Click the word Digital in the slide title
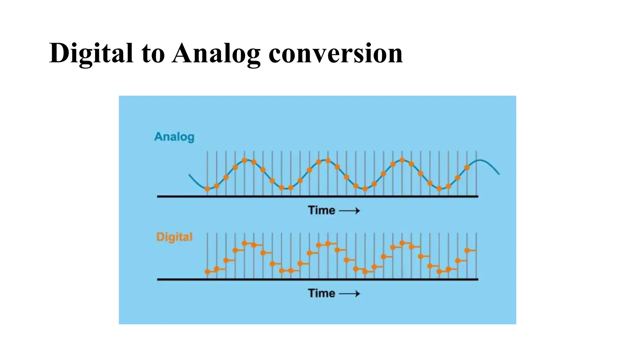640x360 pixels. [91, 54]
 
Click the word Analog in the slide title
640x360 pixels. [216, 54]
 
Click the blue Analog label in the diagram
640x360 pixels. [174, 137]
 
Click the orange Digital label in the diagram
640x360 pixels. [174, 237]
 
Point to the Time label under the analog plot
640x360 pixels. [321, 210]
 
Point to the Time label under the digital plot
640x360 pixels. [321, 293]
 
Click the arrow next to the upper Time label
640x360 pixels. [349, 211]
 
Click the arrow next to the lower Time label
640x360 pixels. [349, 294]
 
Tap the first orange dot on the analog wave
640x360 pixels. [207, 189]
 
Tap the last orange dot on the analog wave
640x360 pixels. [467, 167]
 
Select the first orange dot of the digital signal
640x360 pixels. [207, 272]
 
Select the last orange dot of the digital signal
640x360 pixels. [467, 251]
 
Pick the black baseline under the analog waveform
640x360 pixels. [317, 197]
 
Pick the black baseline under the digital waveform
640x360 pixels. [317, 279]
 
